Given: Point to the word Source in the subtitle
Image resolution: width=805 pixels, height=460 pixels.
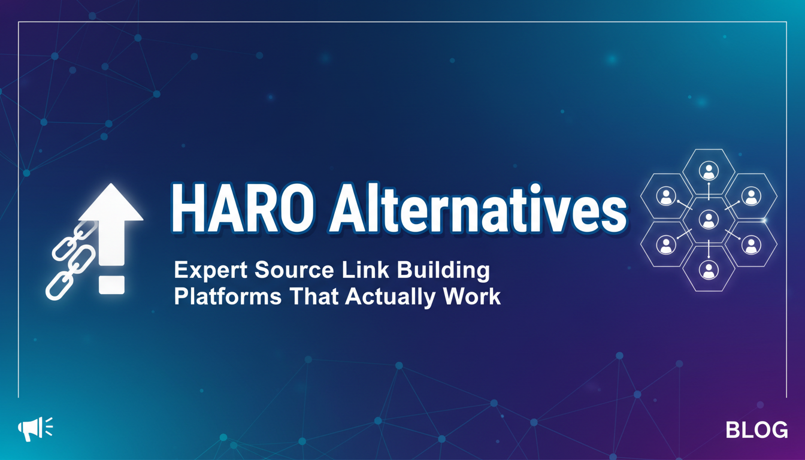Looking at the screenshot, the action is (294, 270).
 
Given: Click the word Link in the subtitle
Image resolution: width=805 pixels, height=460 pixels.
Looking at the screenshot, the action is (365, 270).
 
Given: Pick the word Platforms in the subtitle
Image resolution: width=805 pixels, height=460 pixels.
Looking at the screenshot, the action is (228, 297).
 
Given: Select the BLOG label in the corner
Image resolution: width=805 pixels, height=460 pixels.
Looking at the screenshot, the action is (756, 430).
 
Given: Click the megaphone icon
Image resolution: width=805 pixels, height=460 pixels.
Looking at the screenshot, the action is (35, 428).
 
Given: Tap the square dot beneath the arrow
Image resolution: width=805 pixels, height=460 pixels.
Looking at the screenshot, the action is (112, 285).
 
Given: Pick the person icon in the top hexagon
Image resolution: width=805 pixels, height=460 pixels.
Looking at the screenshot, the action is (709, 171).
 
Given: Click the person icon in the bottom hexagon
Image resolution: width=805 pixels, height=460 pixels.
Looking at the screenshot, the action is (709, 270).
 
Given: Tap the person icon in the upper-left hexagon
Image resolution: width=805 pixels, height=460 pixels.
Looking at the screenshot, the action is (666, 196).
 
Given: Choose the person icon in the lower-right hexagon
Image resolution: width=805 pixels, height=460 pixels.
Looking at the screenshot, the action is (751, 245).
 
